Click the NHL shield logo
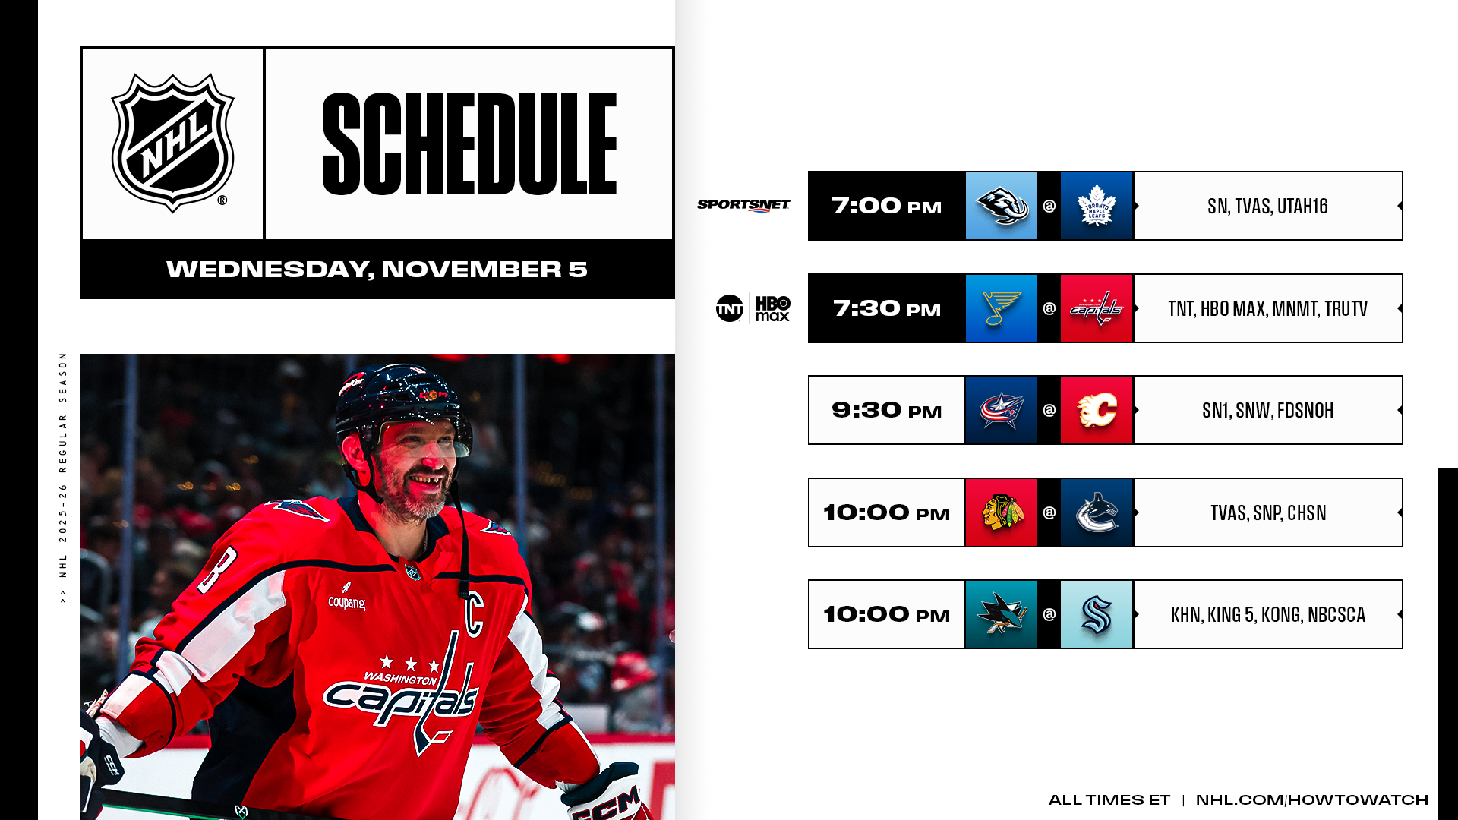point(173,143)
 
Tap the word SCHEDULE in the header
point(469,144)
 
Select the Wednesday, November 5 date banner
point(377,270)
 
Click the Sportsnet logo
point(743,206)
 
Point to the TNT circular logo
point(730,308)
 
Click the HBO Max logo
point(773,308)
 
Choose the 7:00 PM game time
point(886,206)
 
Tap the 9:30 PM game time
point(886,410)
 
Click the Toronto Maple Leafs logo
point(1097,206)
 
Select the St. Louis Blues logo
point(1001,308)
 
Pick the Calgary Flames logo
point(1097,410)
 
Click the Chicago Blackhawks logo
point(1001,512)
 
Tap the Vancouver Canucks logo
point(1097,512)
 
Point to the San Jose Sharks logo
point(1001,614)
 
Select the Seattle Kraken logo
point(1097,614)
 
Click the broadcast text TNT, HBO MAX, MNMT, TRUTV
point(1267,308)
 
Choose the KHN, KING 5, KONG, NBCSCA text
point(1267,614)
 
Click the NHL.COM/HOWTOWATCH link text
point(1311,799)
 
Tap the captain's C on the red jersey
point(474,613)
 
